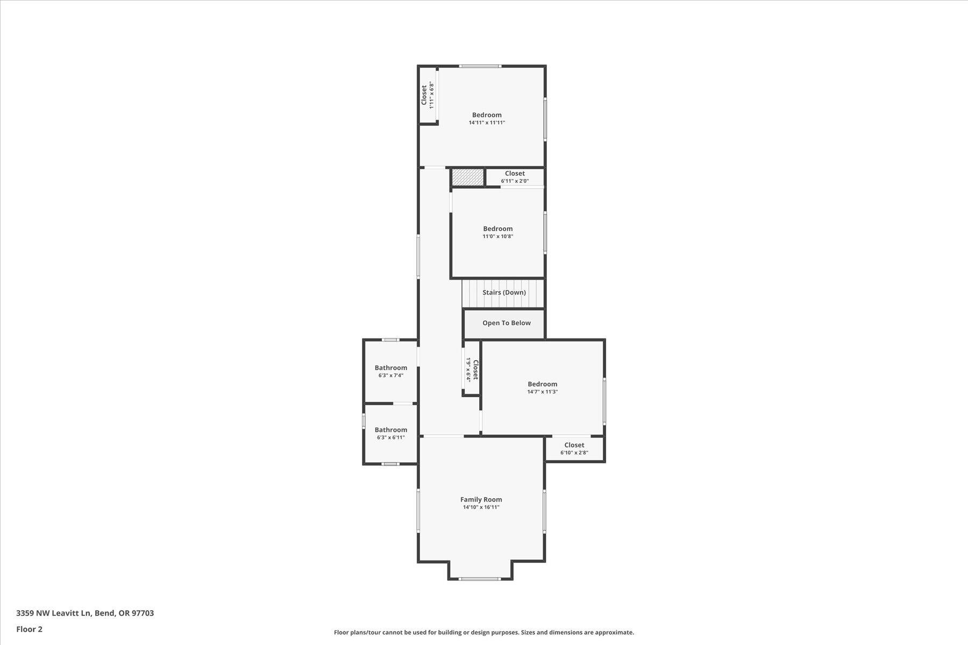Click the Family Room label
pos(481,499)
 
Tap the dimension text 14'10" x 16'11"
pos(481,507)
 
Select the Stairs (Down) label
pos(504,292)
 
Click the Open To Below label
pos(506,323)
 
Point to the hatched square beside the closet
pos(467,177)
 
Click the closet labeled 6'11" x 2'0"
pos(515,174)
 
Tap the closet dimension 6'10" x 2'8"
pos(574,453)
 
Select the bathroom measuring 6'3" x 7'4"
pos(391,368)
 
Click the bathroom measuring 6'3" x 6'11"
pos(391,430)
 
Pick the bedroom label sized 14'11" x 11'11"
pos(487,115)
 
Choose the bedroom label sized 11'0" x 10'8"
pos(497,229)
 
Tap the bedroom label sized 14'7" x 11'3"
pos(542,384)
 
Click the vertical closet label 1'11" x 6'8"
pos(427,95)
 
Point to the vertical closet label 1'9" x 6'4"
pos(472,369)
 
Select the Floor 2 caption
pos(29,629)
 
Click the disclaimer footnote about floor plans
pos(483,633)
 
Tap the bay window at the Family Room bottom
pos(480,579)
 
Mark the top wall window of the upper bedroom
pos(480,66)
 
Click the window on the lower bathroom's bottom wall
pos(390,464)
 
